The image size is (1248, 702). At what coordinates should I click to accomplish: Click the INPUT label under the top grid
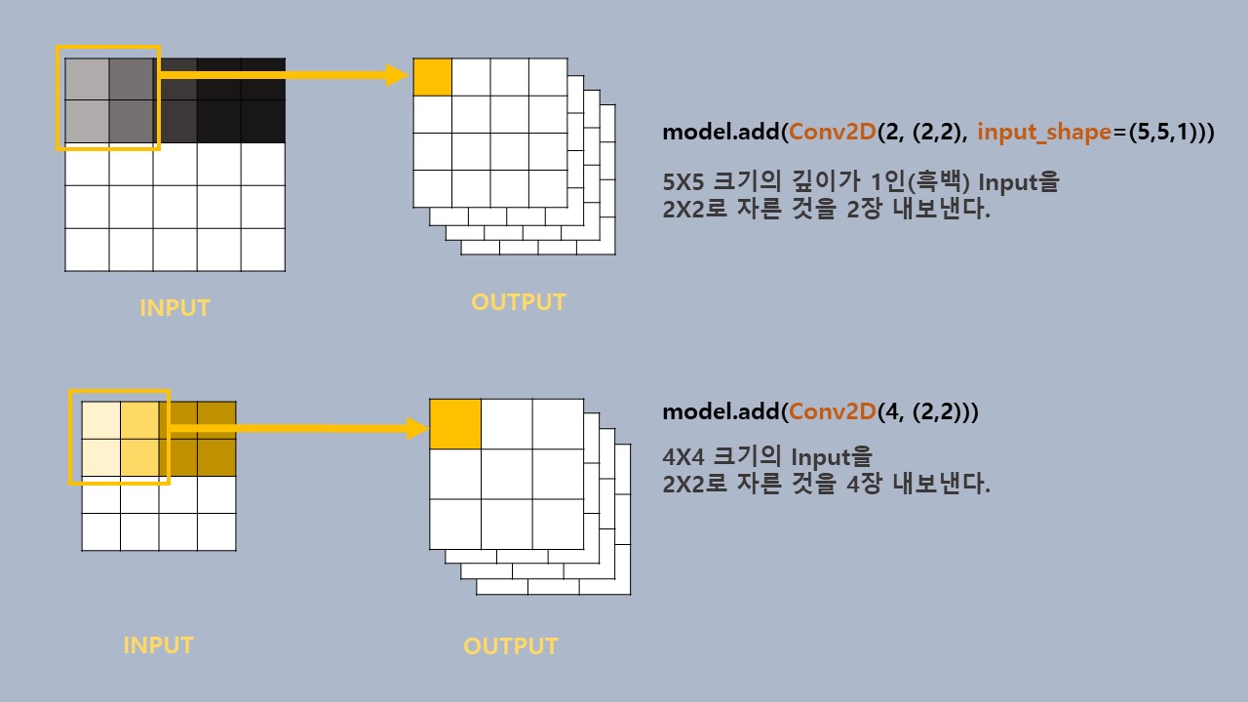click(175, 308)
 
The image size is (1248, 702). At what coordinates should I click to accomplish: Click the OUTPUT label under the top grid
click(518, 302)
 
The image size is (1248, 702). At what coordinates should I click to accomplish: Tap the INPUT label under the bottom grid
click(158, 645)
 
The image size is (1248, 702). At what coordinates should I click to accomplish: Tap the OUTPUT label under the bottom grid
click(510, 646)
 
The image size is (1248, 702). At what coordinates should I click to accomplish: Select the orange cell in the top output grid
click(433, 77)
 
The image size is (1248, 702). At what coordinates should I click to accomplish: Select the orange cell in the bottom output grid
click(455, 423)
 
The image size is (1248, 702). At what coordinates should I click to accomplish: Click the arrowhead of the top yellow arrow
click(396, 75)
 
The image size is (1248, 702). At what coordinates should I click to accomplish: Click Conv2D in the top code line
click(831, 133)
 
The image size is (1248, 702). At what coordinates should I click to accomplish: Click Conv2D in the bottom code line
click(831, 411)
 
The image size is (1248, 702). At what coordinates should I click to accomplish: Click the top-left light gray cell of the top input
click(87, 79)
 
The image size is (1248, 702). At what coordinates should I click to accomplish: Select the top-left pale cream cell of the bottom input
click(101, 420)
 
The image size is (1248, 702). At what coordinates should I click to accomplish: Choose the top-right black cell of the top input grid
click(263, 79)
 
